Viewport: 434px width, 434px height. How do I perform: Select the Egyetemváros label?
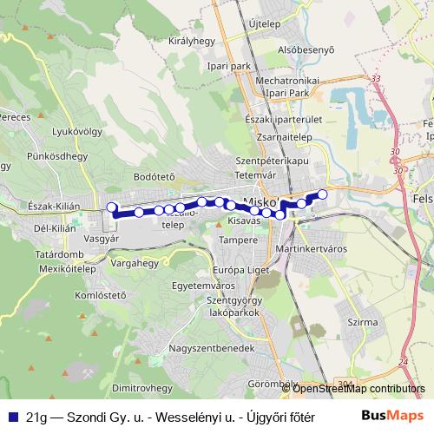(203, 285)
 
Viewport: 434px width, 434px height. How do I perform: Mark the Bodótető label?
(155, 176)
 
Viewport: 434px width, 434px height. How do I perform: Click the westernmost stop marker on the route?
(111, 207)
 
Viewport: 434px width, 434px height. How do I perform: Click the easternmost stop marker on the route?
(323, 194)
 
